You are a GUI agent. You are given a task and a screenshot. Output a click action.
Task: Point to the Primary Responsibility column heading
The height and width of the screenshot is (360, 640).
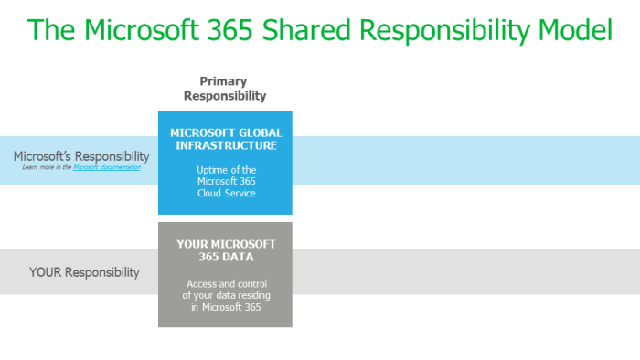tap(225, 88)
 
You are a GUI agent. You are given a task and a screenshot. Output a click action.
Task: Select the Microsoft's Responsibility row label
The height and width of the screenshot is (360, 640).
tap(81, 156)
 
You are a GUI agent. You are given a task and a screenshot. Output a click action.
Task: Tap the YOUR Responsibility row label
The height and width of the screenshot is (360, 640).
tap(84, 272)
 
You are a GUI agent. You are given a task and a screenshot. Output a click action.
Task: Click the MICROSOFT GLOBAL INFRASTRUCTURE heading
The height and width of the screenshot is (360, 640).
tap(224, 138)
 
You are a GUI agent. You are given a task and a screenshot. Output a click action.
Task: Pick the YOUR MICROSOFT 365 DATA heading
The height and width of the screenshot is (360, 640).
tap(225, 249)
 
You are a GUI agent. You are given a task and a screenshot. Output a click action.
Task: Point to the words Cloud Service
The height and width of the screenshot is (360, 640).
tap(225, 194)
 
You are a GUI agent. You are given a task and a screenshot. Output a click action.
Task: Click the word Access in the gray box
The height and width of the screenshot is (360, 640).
tap(200, 283)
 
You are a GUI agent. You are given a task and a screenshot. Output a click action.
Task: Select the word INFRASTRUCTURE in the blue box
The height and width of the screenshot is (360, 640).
tap(224, 144)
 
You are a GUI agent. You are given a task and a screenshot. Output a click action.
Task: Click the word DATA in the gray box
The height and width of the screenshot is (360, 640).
tap(241, 257)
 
